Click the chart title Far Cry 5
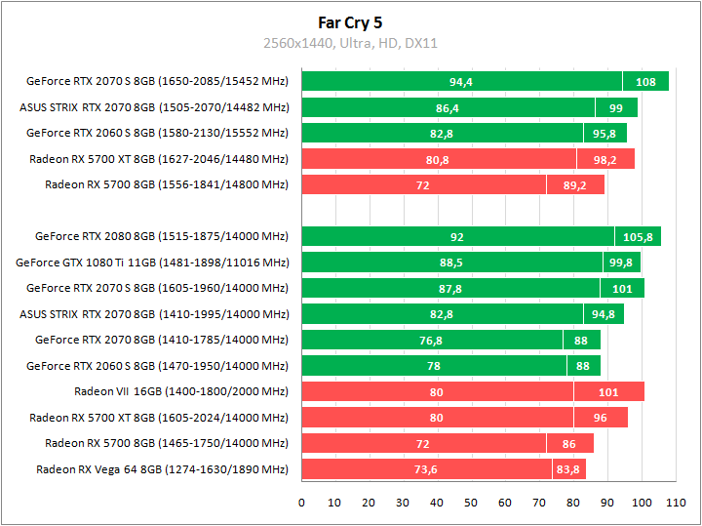click(x=350, y=21)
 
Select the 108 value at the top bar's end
click(x=645, y=82)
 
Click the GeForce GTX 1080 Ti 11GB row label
click(x=152, y=262)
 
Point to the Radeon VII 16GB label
click(x=181, y=391)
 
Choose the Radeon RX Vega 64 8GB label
click(x=162, y=469)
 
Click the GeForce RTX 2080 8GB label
click(x=162, y=235)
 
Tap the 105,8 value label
click(x=638, y=236)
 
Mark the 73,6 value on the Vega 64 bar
click(x=426, y=469)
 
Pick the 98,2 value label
click(x=605, y=159)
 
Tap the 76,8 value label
click(x=431, y=340)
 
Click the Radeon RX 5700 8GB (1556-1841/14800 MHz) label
click(x=167, y=183)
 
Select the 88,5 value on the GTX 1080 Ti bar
click(x=451, y=262)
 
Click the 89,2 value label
click(x=575, y=184)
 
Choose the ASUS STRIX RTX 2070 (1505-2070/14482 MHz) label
click(x=154, y=107)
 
